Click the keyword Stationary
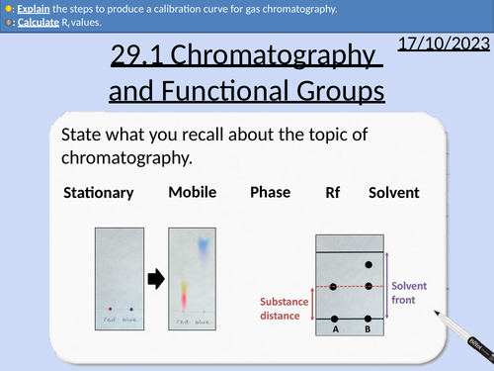[98, 192]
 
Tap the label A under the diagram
[336, 330]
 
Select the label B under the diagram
[369, 330]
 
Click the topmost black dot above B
[369, 265]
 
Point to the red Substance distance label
[285, 310]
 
